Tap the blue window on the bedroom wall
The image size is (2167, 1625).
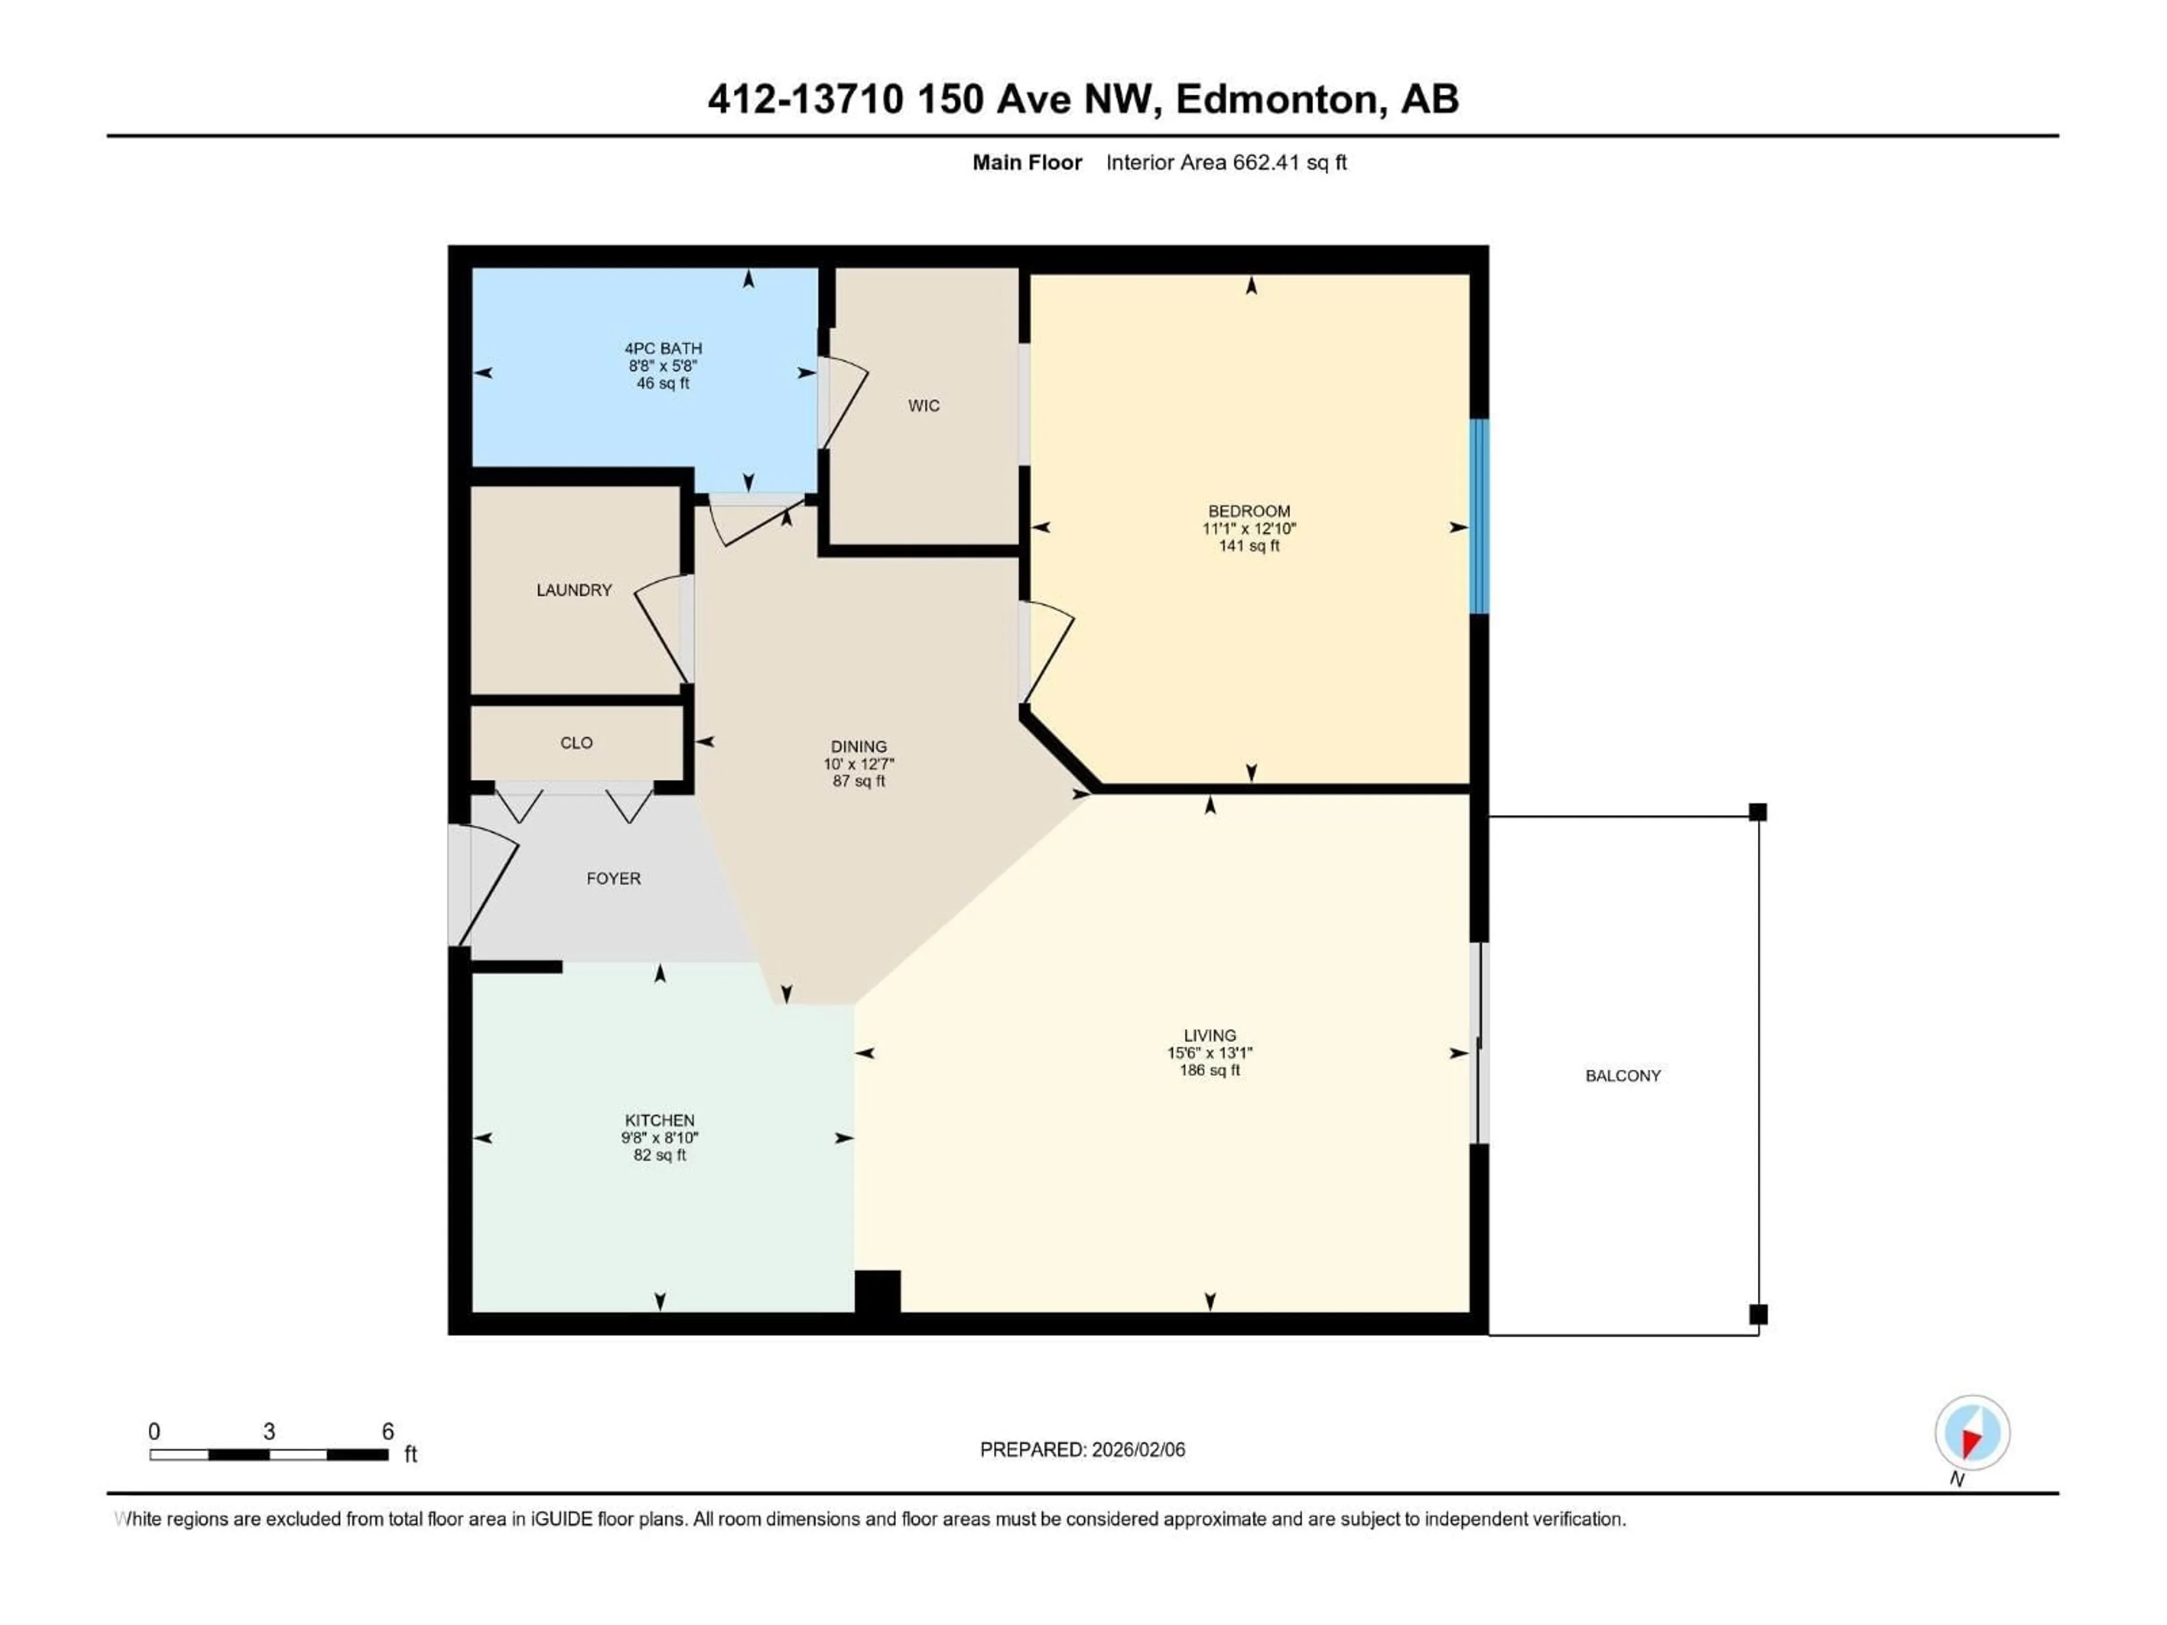[1479, 516]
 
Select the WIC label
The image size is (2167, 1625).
[923, 406]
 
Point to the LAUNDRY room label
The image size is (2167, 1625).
[574, 590]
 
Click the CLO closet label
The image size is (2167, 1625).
[576, 743]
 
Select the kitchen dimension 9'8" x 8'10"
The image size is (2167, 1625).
[659, 1137]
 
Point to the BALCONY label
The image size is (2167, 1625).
[1622, 1075]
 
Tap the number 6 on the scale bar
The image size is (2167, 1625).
[388, 1431]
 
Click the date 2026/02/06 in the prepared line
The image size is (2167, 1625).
[1137, 1450]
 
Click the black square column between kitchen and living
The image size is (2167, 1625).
[877, 1291]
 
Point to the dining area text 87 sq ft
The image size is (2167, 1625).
[858, 781]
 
